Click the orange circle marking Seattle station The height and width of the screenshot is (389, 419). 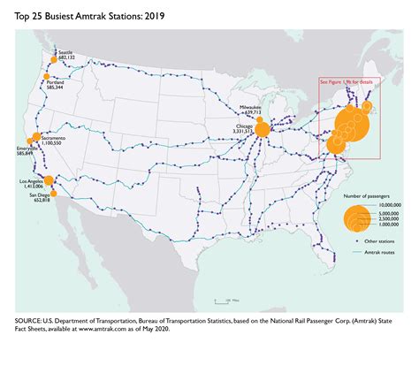pos(53,60)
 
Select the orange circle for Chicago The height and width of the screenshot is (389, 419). pos(263,129)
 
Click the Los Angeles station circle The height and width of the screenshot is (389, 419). pos(49,180)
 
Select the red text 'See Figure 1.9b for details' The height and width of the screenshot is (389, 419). pos(347,81)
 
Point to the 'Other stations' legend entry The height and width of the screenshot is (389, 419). pos(383,240)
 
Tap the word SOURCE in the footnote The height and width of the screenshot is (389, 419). pos(32,320)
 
